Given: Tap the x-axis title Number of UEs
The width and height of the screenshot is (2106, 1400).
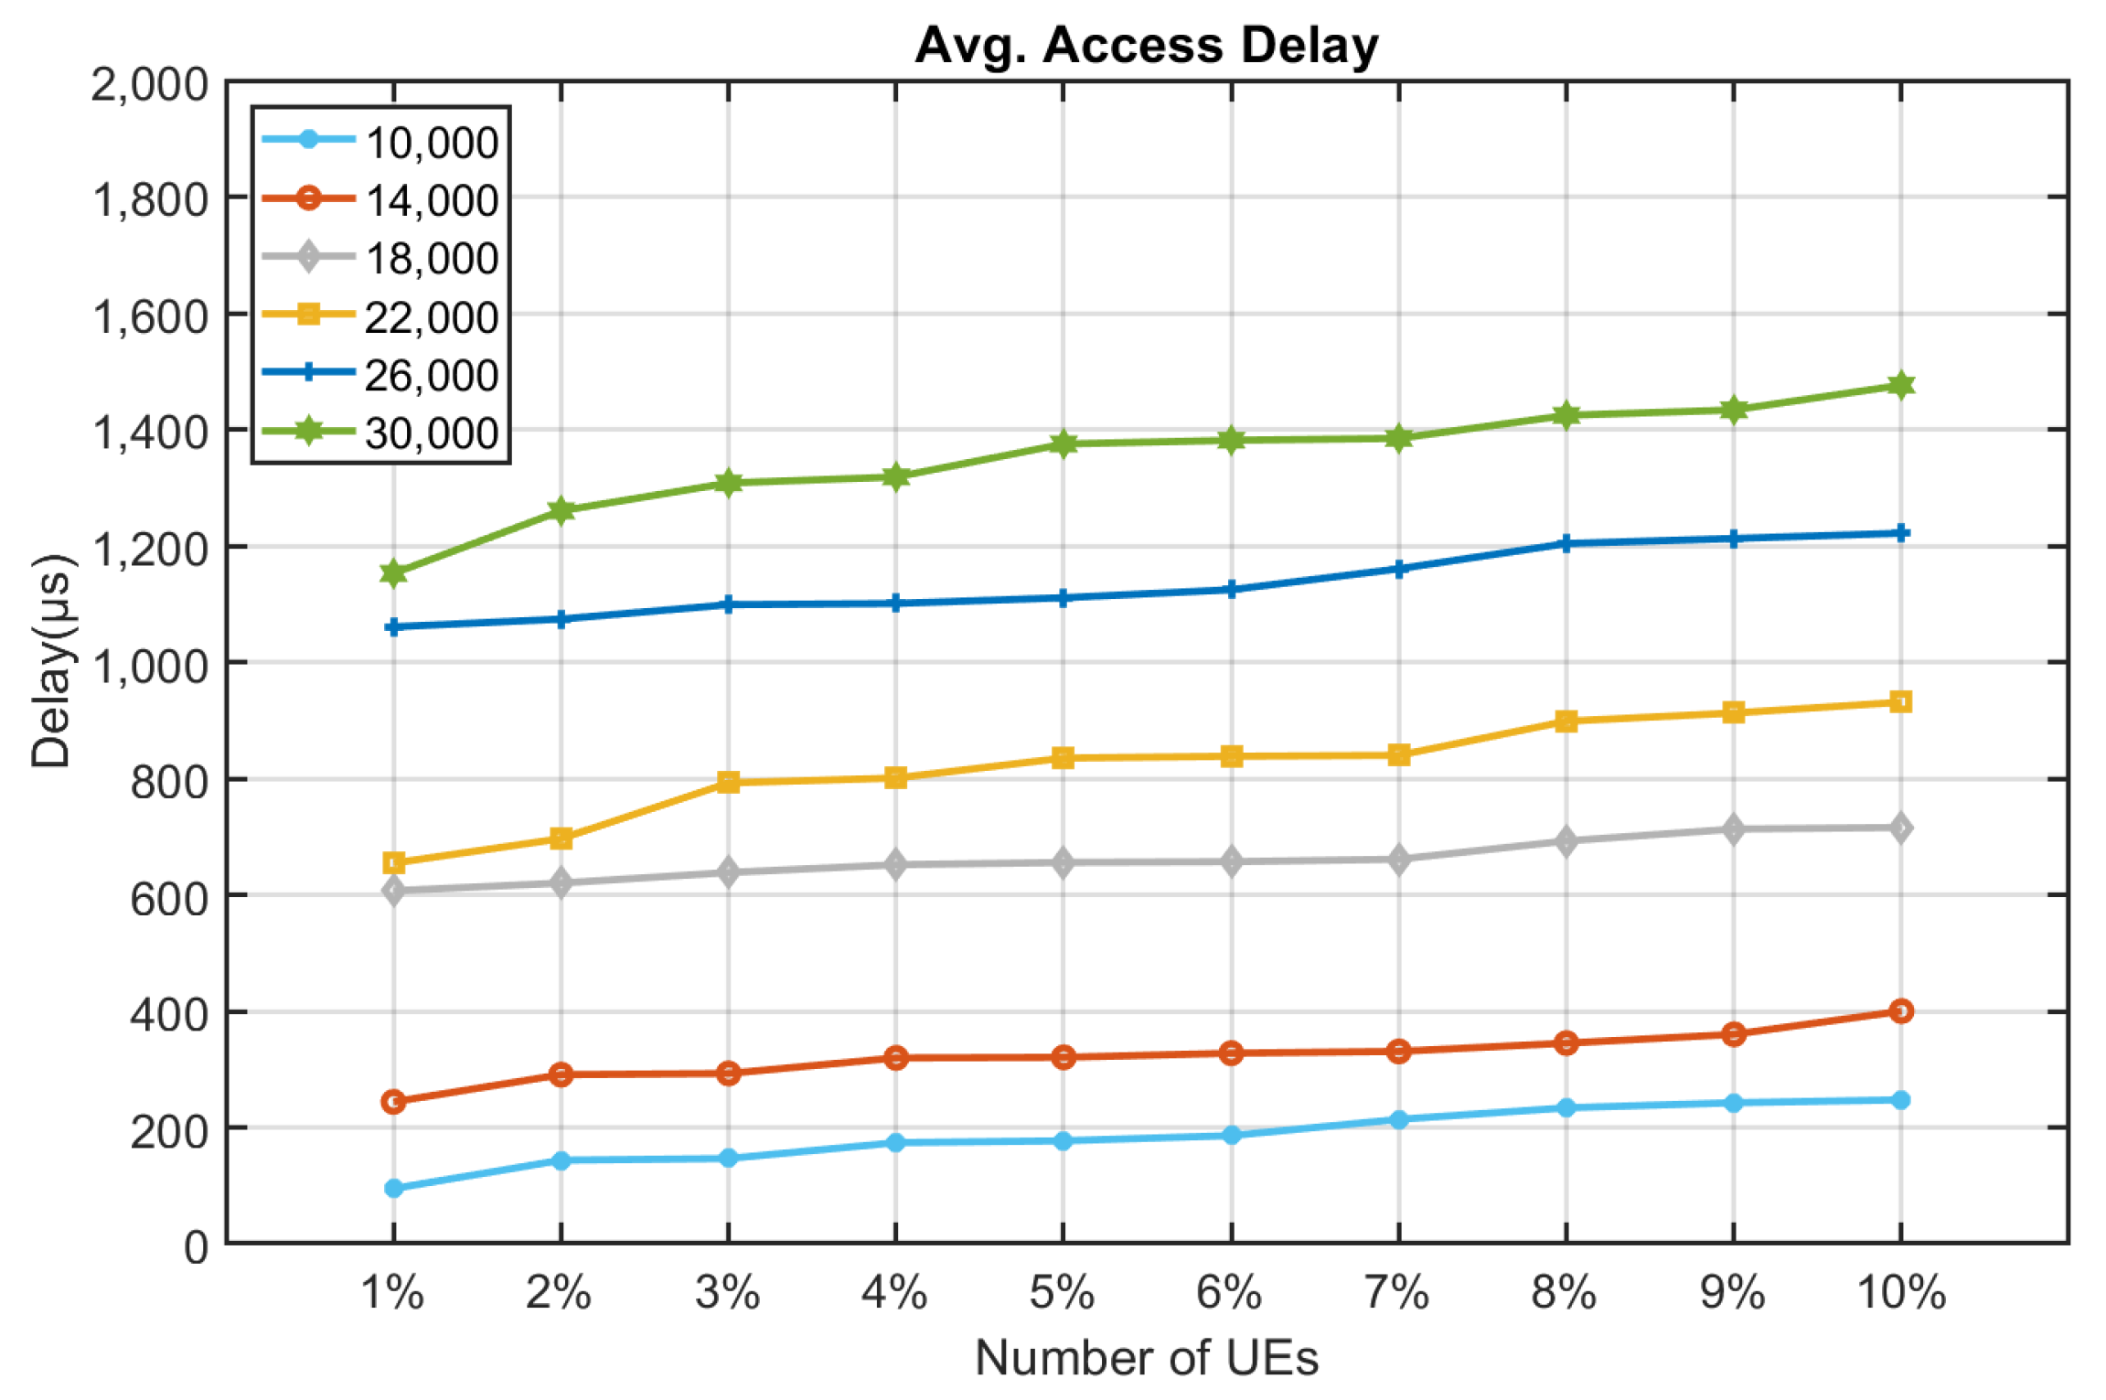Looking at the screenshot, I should click(1146, 1357).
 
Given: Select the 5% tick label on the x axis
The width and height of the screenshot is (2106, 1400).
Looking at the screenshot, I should click(1062, 1293).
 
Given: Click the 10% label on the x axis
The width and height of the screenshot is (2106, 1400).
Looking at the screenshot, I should click(1900, 1293).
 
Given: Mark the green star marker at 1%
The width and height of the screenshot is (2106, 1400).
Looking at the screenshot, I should click(393, 573).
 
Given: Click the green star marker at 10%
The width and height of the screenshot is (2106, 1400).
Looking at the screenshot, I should click(1900, 385).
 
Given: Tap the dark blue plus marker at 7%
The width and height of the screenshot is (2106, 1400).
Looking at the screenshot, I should click(1398, 569).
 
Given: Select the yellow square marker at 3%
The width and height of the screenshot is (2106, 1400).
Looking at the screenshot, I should click(728, 782).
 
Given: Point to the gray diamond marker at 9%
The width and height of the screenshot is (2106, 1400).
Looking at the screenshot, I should click(1733, 829).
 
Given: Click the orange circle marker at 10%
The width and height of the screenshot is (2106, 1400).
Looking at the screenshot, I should click(1900, 1010).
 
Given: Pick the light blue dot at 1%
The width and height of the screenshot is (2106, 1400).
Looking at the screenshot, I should click(393, 1188).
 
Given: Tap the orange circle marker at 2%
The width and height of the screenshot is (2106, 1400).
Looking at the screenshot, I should click(561, 1074).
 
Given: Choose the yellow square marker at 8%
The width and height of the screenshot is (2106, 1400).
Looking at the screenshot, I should click(1566, 721).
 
